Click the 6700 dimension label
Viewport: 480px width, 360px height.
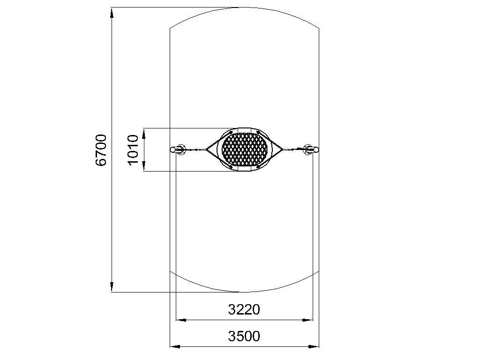point(101,150)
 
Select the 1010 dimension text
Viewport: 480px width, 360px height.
point(133,150)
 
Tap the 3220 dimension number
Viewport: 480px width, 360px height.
point(244,309)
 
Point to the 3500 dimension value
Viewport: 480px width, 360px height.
point(244,336)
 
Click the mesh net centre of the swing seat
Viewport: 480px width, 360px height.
point(245,150)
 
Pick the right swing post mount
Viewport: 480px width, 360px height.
point(311,150)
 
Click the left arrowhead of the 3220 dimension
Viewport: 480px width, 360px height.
point(181,320)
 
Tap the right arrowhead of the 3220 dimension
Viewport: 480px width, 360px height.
point(307,320)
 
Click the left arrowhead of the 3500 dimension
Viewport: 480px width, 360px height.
point(175,347)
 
